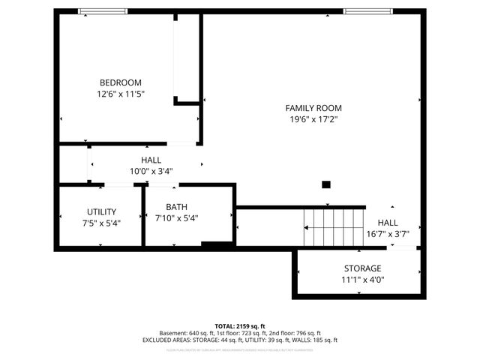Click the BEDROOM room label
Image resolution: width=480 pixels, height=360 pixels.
coord(121,82)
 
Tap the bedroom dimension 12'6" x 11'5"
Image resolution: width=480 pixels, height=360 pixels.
coord(121,94)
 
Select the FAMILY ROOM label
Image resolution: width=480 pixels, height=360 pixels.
coord(313,107)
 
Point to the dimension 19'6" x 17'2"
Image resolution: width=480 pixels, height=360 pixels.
coord(313,119)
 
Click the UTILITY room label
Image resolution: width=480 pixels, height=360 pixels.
coord(101,211)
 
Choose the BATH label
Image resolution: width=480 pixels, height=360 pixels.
coord(176,206)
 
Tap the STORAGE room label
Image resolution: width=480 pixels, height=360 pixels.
coord(362,268)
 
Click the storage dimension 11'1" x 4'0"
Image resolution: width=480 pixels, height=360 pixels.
coord(362,280)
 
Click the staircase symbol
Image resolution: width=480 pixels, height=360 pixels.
coord(333,227)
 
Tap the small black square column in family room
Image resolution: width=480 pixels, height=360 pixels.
coord(325,184)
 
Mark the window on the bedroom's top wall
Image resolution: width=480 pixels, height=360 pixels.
coord(103,11)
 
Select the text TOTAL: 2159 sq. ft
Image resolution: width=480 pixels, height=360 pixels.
coord(240,326)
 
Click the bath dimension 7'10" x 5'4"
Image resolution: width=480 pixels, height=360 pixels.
coord(176,218)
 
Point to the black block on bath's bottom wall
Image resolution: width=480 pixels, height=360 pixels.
coord(217,244)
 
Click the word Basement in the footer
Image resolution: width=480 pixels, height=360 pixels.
coord(173,333)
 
